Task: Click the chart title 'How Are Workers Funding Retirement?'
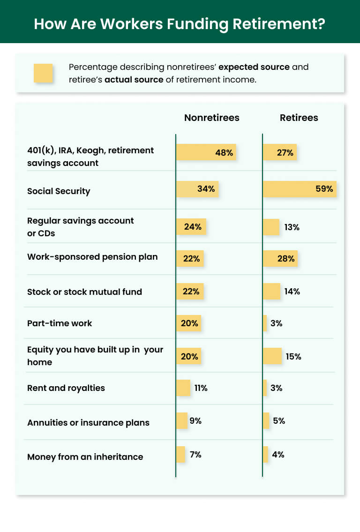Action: (x=180, y=23)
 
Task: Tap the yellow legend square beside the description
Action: (x=43, y=73)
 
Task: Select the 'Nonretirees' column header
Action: (x=211, y=118)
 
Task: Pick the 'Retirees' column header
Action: (x=299, y=118)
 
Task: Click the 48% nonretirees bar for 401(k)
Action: (x=206, y=152)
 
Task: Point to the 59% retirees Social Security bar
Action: (x=300, y=189)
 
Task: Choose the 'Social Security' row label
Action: (x=59, y=191)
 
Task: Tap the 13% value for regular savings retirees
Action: (x=292, y=227)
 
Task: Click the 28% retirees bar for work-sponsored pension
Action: (x=280, y=258)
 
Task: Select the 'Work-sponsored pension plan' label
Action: (x=92, y=257)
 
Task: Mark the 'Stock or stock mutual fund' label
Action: (x=84, y=292)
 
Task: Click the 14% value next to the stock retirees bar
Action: (x=292, y=291)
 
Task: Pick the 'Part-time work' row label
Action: (x=60, y=323)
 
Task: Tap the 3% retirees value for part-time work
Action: (x=276, y=323)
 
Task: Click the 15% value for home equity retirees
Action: (x=293, y=356)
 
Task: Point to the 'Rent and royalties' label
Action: (x=66, y=388)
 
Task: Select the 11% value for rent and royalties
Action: (x=201, y=388)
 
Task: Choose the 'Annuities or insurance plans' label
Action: (x=88, y=422)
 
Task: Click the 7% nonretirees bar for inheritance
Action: (x=180, y=455)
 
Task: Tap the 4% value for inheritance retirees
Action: (x=278, y=454)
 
